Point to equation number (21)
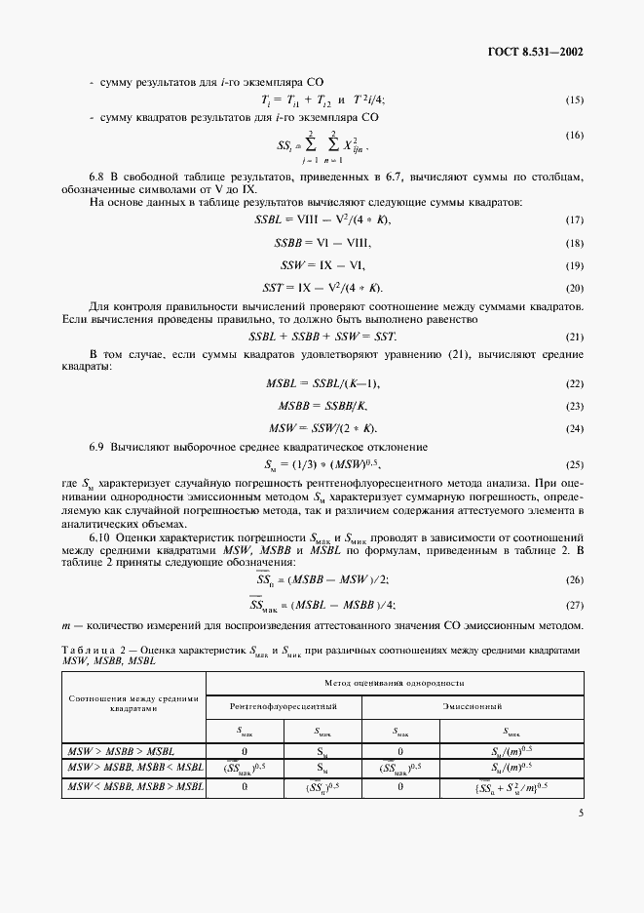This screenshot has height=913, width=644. [574, 336]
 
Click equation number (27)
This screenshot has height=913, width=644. [574, 606]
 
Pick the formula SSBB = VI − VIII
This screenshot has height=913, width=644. [322, 242]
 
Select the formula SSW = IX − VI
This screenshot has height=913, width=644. [322, 265]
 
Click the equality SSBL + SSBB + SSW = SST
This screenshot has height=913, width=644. [322, 336]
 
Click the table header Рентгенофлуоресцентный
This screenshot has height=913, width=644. [284, 703]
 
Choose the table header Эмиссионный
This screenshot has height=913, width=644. [473, 703]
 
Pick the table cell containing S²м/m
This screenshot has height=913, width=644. [505, 786]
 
